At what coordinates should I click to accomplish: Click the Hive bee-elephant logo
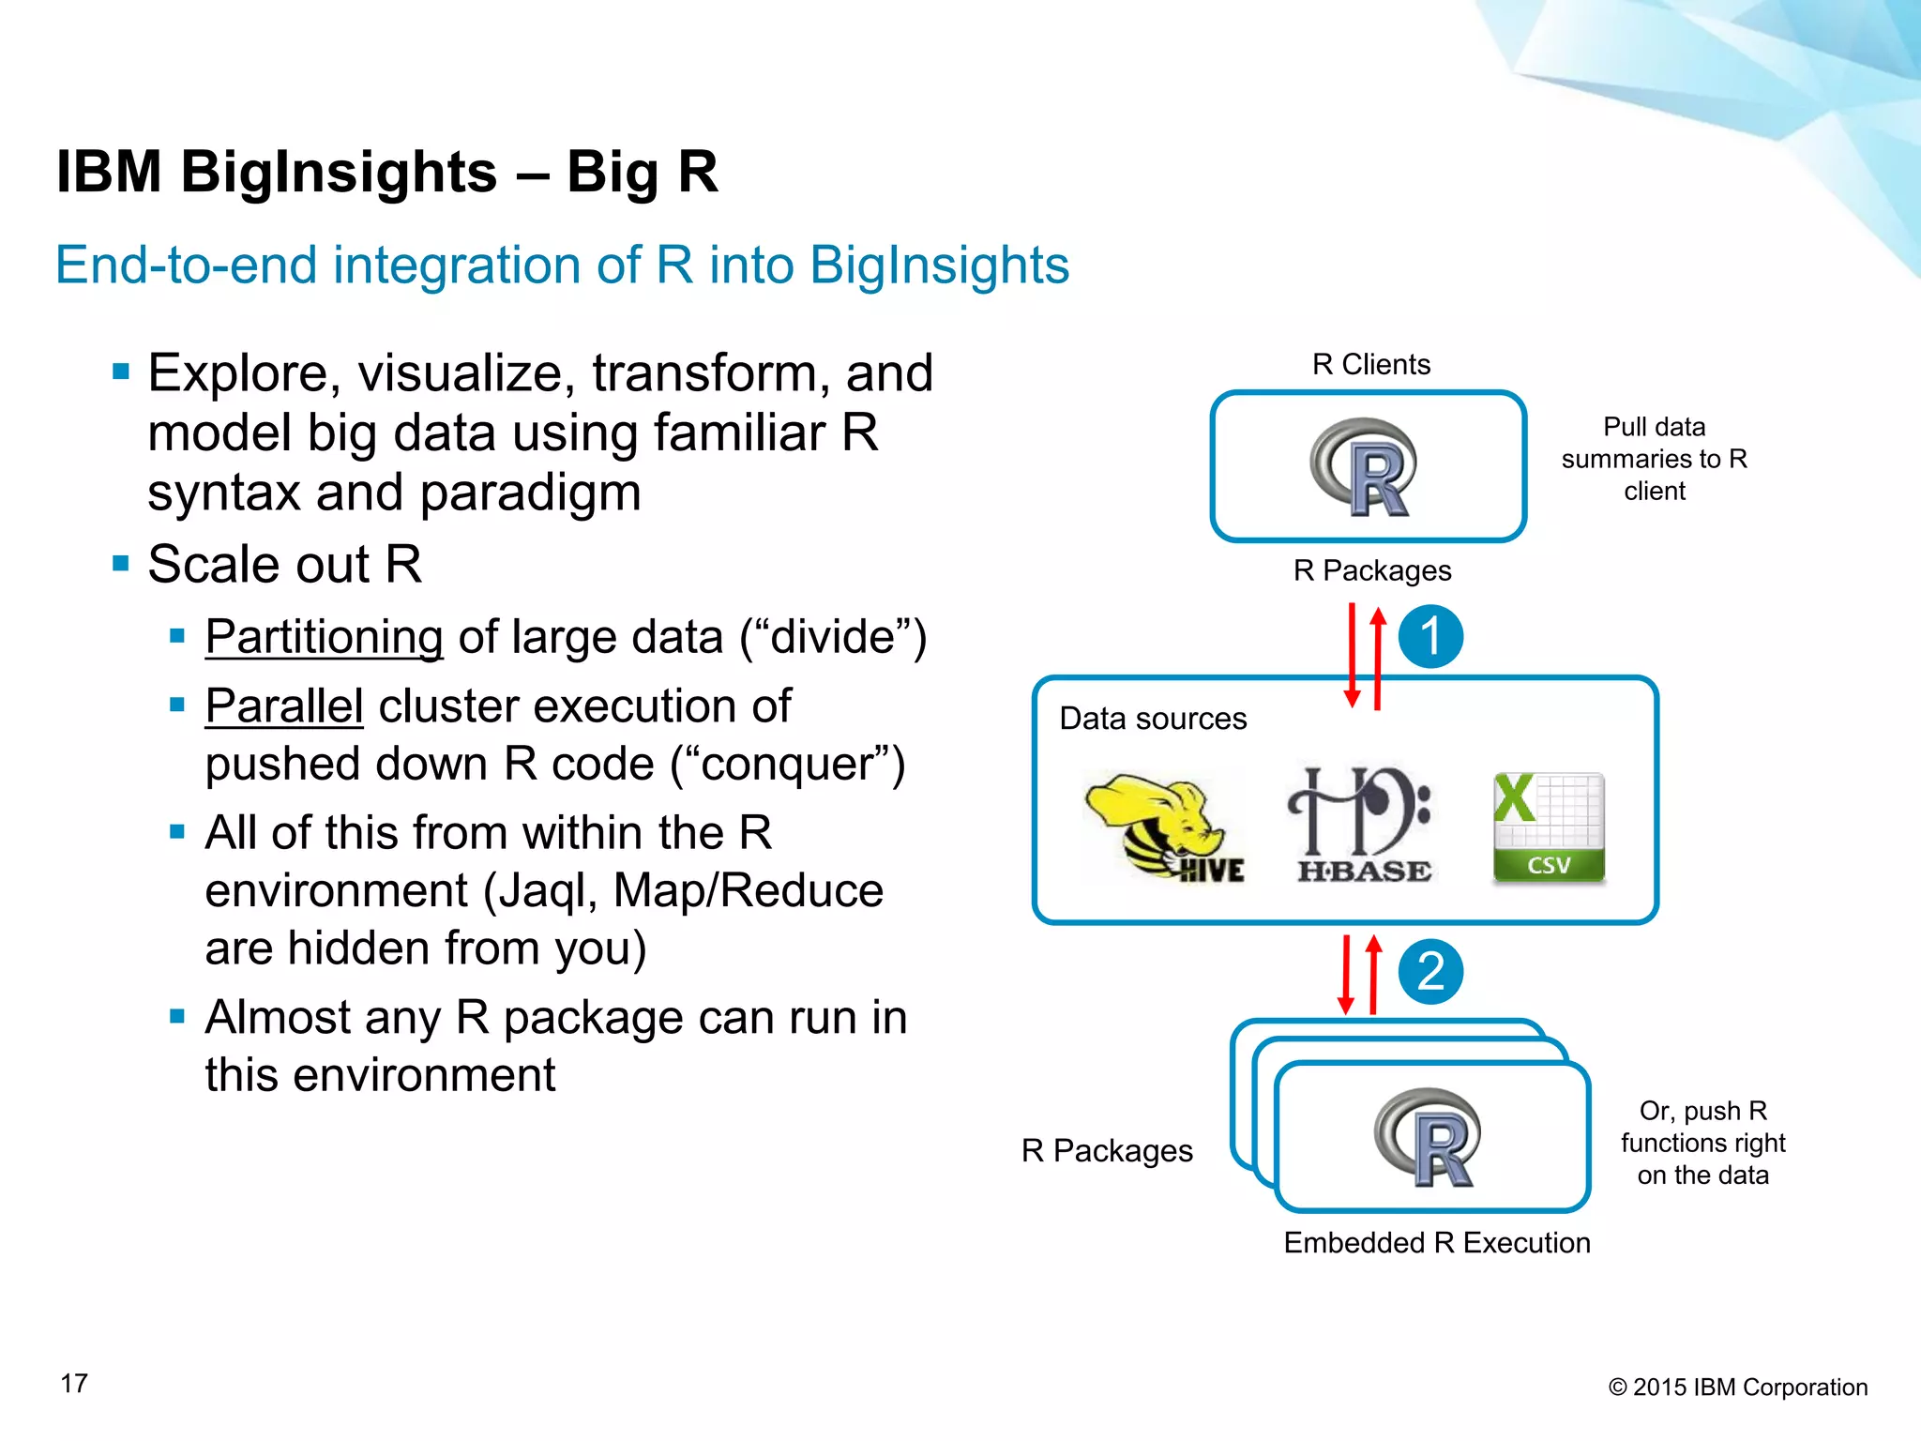(1164, 825)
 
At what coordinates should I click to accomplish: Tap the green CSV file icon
(1549, 827)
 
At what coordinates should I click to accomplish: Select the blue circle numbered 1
(1430, 636)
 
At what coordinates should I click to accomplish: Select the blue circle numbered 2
(1430, 971)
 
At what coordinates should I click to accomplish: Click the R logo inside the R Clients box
(1366, 467)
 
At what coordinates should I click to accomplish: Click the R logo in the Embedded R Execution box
(1429, 1137)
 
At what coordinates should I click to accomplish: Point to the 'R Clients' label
(1370, 364)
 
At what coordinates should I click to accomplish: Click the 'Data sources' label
(1153, 719)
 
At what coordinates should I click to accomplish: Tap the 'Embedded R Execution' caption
(1436, 1243)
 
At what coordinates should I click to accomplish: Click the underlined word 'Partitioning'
(324, 637)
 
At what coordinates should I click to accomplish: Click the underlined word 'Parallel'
(284, 706)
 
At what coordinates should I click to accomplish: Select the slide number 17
(74, 1383)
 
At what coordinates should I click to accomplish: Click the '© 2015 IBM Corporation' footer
(1738, 1388)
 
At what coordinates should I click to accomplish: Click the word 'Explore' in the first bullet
(238, 373)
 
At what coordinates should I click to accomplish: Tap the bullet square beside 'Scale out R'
(120, 564)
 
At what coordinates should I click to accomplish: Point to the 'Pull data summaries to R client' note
(1654, 459)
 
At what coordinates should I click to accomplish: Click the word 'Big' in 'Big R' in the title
(612, 173)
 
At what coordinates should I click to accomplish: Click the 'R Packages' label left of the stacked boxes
(1107, 1150)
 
